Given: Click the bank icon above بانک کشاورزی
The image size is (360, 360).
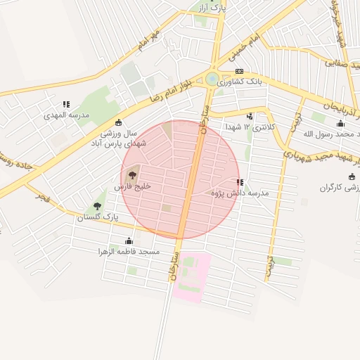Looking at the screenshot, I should click(239, 72).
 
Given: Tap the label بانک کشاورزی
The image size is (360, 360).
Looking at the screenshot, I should click(239, 82).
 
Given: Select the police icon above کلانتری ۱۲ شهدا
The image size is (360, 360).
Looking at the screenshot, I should click(250, 116).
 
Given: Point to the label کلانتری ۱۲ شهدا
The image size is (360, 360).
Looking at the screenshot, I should click(251, 127).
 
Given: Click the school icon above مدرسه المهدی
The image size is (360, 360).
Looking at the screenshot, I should click(66, 104).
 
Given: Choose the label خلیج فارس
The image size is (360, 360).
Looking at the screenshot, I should click(132, 188).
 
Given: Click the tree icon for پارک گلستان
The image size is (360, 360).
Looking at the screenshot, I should click(97, 206).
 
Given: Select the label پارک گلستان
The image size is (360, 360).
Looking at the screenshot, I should click(98, 218).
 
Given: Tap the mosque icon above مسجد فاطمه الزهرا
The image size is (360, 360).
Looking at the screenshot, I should click(128, 240).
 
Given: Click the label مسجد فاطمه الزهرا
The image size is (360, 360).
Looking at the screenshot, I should click(129, 251).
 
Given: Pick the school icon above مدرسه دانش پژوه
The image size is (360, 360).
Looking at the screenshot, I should click(240, 182).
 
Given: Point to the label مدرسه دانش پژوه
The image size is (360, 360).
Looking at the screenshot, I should click(240, 193).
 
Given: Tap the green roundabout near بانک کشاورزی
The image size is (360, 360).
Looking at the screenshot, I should click(212, 79).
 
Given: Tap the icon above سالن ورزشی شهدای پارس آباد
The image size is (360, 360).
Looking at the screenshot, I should click(118, 122).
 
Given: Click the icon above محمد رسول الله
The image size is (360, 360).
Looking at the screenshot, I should click(340, 124).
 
